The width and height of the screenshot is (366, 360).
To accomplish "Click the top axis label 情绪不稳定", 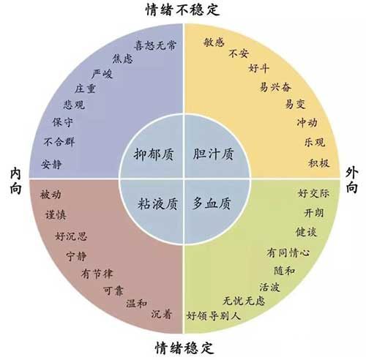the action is tap(183, 10).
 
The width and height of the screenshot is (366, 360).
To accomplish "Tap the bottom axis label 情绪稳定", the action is tap(184, 348).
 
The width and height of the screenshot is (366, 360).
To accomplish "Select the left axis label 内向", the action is tap(15, 181).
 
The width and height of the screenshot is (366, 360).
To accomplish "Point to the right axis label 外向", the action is tap(352, 180).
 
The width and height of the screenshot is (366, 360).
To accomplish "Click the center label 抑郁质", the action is tap(154, 154).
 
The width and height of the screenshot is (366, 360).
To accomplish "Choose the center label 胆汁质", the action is tap(213, 154).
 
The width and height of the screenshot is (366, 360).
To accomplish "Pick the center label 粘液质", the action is tap(157, 204).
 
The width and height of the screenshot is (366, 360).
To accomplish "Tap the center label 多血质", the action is tap(212, 203).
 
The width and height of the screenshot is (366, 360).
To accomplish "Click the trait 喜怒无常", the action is tap(155, 45).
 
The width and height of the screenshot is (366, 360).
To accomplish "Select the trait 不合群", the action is tap(59, 142).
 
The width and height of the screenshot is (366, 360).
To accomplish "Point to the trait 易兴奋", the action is tap(275, 87).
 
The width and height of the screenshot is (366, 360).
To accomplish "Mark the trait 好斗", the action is tap(259, 68).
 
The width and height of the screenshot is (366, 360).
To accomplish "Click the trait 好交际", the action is tap(313, 193).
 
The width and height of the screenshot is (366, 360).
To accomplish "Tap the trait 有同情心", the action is tap(288, 252).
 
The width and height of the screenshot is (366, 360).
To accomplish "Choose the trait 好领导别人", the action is tap(214, 316).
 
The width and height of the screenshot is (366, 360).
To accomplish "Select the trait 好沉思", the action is tap(71, 236).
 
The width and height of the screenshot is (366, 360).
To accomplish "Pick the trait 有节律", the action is tap(97, 274).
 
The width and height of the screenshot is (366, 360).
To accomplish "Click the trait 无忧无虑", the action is tap(244, 301).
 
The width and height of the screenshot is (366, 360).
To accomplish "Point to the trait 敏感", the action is tap(214, 42).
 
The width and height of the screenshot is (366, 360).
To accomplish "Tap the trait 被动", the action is tap(51, 195).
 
